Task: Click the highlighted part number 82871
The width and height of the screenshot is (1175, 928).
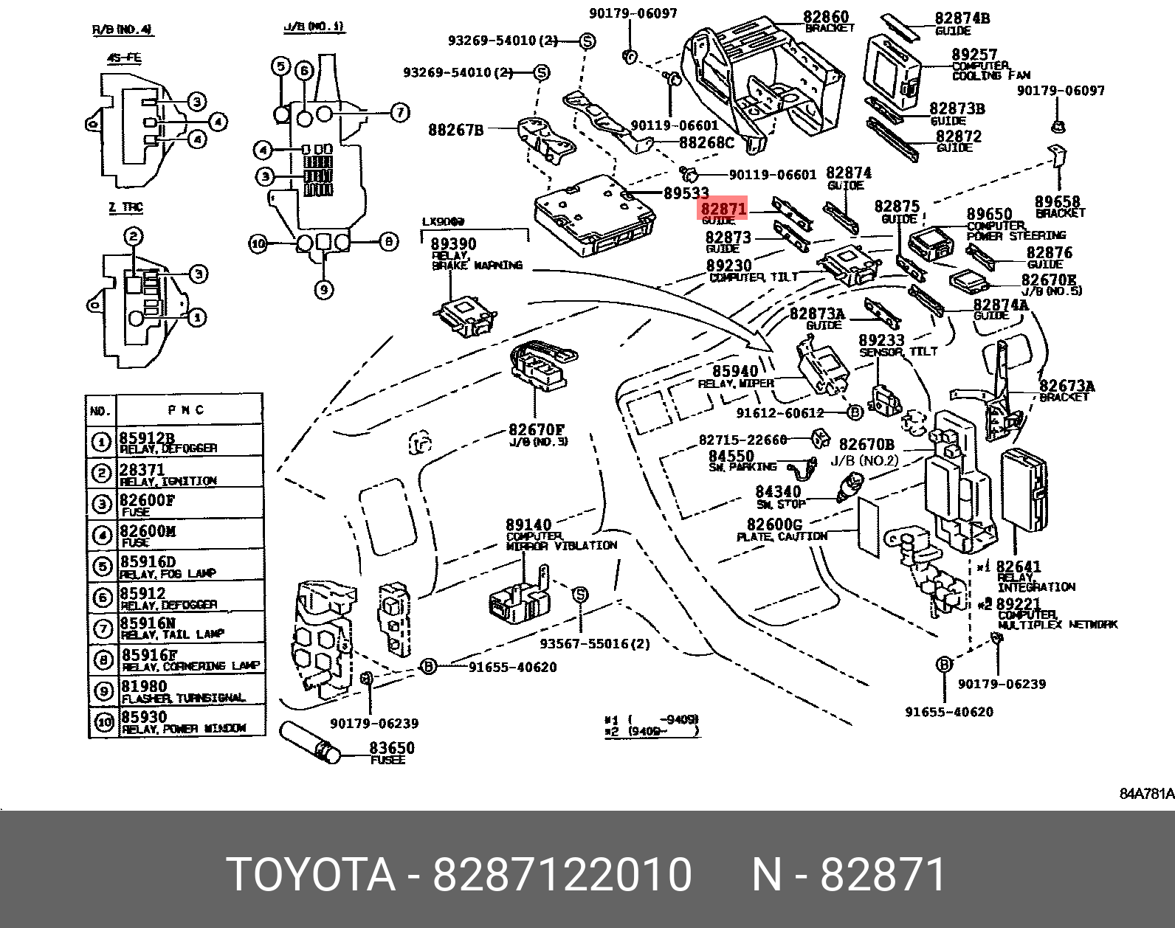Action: point(723,209)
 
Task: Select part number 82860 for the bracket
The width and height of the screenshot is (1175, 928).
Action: point(826,17)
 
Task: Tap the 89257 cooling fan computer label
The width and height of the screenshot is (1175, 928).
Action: point(974,55)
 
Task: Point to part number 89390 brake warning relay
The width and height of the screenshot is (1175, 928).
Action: point(453,244)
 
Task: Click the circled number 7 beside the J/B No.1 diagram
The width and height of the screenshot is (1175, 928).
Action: point(399,112)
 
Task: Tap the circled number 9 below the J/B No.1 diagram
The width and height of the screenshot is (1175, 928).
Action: point(324,290)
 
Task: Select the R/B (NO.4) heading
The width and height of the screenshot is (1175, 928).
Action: point(122,30)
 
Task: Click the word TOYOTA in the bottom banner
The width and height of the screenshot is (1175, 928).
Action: point(311,875)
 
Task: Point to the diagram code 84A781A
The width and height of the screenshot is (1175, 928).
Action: point(1146,794)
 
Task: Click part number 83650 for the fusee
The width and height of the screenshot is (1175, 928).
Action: point(392,748)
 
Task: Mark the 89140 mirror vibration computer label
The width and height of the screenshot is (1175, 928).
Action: point(528,525)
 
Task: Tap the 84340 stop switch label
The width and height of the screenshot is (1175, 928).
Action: point(778,491)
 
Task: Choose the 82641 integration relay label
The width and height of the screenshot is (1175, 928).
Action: point(1019,567)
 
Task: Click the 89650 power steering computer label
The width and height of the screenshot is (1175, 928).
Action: point(989,215)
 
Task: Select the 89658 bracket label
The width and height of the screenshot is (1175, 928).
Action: point(1057,201)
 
